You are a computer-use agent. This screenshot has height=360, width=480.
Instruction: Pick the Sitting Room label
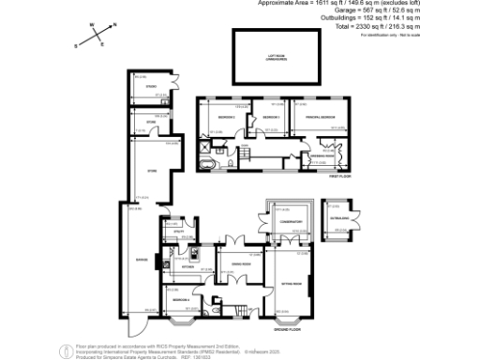point(291,283)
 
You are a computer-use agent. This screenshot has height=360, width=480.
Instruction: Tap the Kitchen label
point(187,267)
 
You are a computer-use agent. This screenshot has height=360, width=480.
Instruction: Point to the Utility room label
point(173,231)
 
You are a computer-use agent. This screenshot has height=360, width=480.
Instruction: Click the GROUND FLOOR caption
point(287,330)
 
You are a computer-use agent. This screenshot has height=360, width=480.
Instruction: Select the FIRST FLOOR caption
point(338,175)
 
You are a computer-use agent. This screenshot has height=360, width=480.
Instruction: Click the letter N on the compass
point(114,27)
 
